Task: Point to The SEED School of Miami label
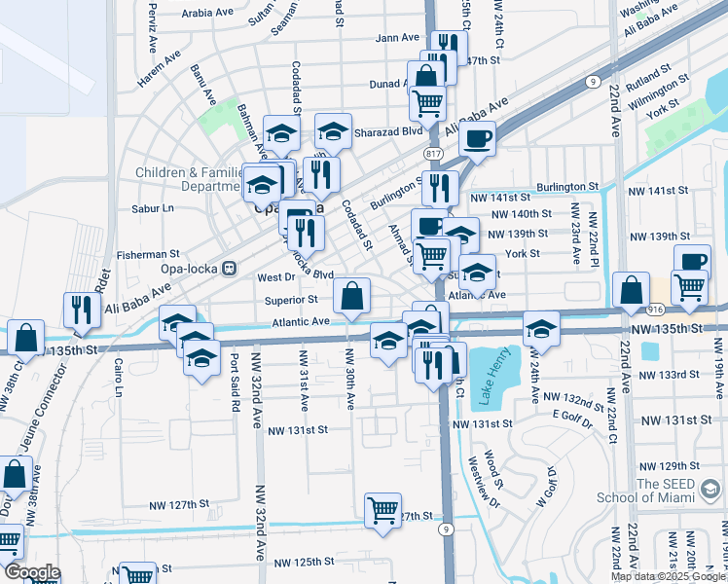pos(681,491)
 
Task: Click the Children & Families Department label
pos(188,179)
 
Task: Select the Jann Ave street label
pos(395,38)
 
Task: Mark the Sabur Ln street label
pos(152,207)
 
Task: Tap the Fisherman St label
pos(141,254)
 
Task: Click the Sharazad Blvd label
pos(387,129)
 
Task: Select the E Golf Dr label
pos(569,416)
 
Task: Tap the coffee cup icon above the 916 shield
pos(692,260)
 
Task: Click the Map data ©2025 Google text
pos(668,576)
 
